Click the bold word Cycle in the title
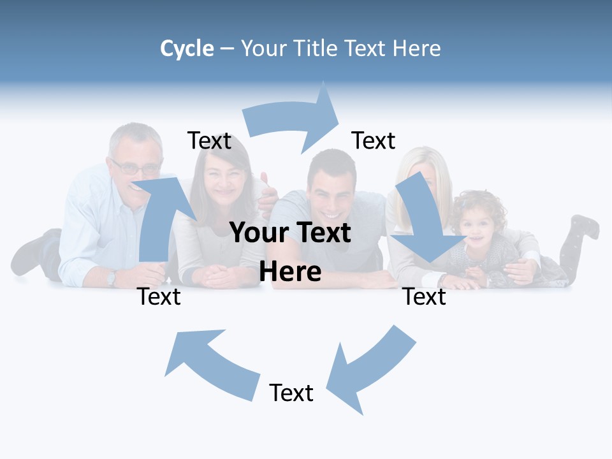187,48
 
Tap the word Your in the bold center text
259,233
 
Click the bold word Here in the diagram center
290,272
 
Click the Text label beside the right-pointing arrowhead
374,140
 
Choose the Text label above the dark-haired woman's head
209,140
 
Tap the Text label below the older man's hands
159,296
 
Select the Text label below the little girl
425,296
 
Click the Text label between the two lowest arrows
291,393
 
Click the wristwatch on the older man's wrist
112,277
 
